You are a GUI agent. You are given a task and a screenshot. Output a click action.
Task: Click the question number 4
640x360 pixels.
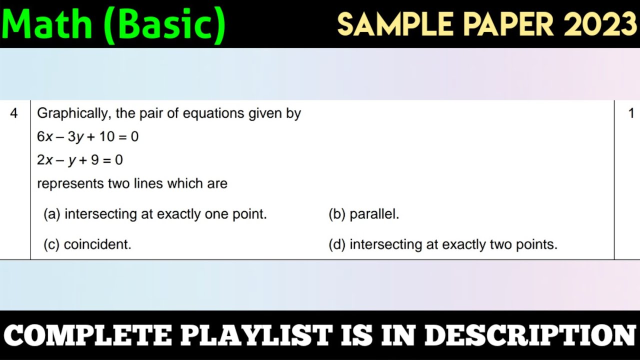tap(13, 113)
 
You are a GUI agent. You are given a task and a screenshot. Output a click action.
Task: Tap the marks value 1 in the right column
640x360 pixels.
tap(631, 113)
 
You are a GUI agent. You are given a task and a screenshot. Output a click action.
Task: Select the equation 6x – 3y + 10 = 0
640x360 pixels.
tap(87, 137)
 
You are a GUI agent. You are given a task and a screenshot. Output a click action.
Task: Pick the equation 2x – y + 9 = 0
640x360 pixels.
tap(79, 160)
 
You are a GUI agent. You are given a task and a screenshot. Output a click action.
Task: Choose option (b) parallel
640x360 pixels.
tap(364, 214)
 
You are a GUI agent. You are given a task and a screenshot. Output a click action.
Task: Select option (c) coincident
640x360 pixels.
tap(87, 245)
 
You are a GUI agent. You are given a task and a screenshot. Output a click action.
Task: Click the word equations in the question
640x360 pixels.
tap(213, 114)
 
